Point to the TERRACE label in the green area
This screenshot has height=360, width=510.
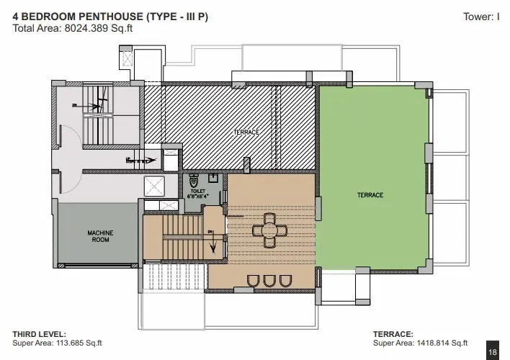tap(370, 195)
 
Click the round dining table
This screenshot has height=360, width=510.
tap(269, 230)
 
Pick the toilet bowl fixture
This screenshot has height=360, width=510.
tap(193, 179)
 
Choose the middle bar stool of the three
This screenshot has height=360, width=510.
tap(269, 281)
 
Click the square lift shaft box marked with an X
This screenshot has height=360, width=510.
tap(154, 186)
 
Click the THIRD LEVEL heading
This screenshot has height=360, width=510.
tap(39, 334)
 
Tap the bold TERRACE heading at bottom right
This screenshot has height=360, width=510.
tap(393, 334)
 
